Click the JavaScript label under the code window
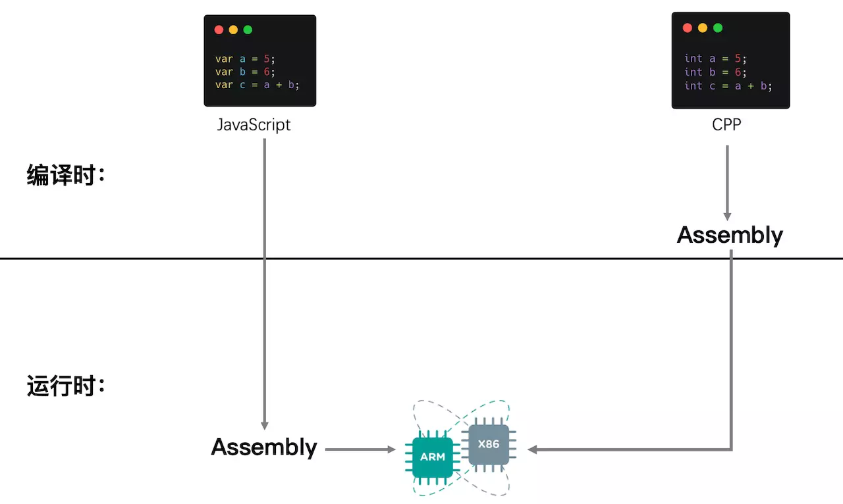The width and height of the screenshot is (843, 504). coord(254,124)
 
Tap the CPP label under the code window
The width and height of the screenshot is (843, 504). coord(726,124)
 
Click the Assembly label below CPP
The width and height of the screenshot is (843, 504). coord(730,235)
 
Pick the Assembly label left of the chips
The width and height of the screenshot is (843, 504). coord(264,447)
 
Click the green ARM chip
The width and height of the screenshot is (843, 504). coord(432,456)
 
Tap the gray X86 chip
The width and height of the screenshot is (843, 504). coord(488,444)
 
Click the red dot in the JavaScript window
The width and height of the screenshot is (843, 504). coord(219,30)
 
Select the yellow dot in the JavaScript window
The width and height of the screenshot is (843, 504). coord(233,30)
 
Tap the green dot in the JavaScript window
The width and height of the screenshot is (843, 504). coord(248,30)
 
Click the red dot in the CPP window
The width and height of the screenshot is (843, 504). coord(687,28)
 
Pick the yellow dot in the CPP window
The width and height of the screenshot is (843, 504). coord(702,28)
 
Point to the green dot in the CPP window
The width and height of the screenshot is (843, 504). coord(718,28)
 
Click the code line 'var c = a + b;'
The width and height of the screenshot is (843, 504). coord(257,86)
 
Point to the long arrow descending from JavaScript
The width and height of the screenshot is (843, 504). coord(264,283)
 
